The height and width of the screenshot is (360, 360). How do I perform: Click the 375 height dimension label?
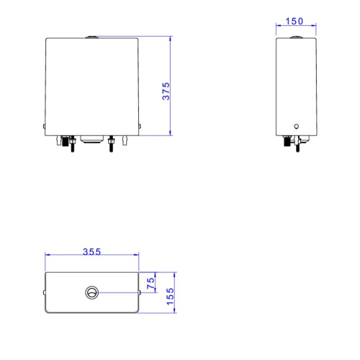166,91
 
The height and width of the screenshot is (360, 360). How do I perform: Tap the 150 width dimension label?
294,22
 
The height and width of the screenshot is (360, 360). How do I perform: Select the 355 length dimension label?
91,251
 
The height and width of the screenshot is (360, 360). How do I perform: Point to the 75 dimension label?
150,283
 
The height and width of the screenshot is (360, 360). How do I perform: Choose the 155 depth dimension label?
170,297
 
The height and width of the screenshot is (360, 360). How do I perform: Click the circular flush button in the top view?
91,292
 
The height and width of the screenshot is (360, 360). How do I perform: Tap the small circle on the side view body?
297,126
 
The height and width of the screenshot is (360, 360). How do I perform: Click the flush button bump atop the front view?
91,37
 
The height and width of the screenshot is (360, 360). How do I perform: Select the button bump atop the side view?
297,37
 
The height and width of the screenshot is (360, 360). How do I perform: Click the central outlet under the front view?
92,140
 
